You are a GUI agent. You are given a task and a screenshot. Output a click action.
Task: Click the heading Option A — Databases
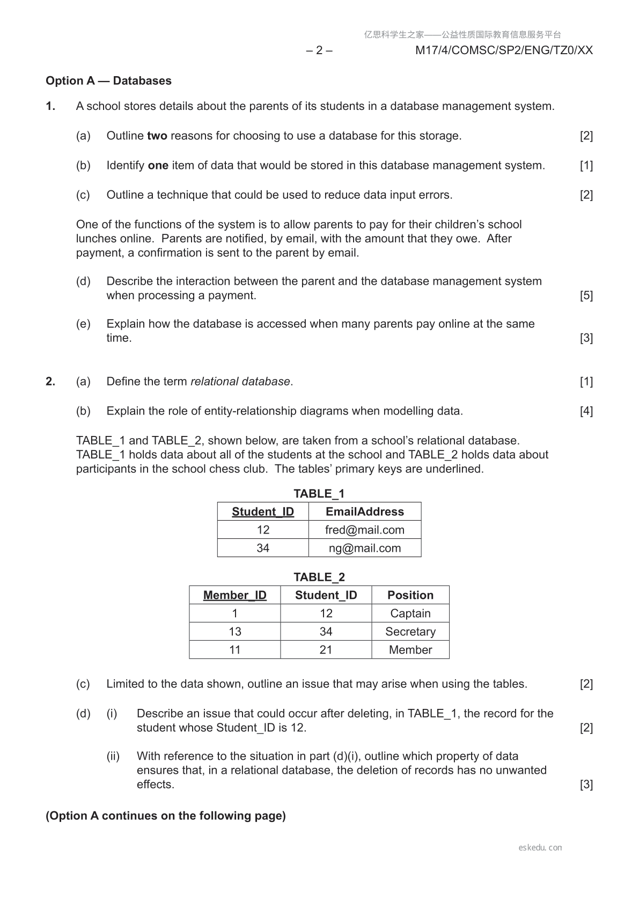tap(108, 81)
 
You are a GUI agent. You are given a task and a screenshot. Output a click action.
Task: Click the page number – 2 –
tap(319, 50)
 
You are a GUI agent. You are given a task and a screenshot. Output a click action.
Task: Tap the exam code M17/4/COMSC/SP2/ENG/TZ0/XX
tap(504, 50)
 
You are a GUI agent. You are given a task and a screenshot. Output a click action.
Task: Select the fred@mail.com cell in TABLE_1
tap(365, 530)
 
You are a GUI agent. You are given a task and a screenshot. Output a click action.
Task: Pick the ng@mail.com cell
tap(365, 548)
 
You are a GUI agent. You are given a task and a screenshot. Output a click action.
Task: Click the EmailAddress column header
tap(365, 512)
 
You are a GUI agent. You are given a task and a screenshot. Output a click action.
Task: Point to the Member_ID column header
tap(234, 595)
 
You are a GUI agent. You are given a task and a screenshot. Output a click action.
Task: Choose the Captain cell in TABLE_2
tap(410, 613)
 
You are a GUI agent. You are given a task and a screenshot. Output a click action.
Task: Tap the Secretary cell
tap(410, 632)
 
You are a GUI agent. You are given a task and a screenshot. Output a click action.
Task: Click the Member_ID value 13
tap(235, 632)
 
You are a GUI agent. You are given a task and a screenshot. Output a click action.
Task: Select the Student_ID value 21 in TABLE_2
tap(326, 650)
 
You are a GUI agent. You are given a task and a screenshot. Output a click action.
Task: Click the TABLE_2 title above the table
tap(319, 577)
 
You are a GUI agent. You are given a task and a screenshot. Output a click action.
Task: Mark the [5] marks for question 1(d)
tap(586, 295)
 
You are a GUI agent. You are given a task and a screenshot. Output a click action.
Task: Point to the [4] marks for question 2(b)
tap(586, 411)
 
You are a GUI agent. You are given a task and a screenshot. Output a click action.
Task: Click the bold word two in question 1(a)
tap(157, 136)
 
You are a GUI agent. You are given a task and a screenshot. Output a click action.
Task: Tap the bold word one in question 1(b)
tap(158, 165)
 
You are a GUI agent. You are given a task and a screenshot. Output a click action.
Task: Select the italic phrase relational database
tap(240, 382)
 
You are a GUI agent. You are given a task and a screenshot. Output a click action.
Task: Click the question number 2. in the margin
tap(50, 382)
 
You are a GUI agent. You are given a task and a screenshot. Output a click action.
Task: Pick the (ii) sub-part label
tap(113, 756)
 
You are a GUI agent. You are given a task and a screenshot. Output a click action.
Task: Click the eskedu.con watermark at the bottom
tap(540, 848)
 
